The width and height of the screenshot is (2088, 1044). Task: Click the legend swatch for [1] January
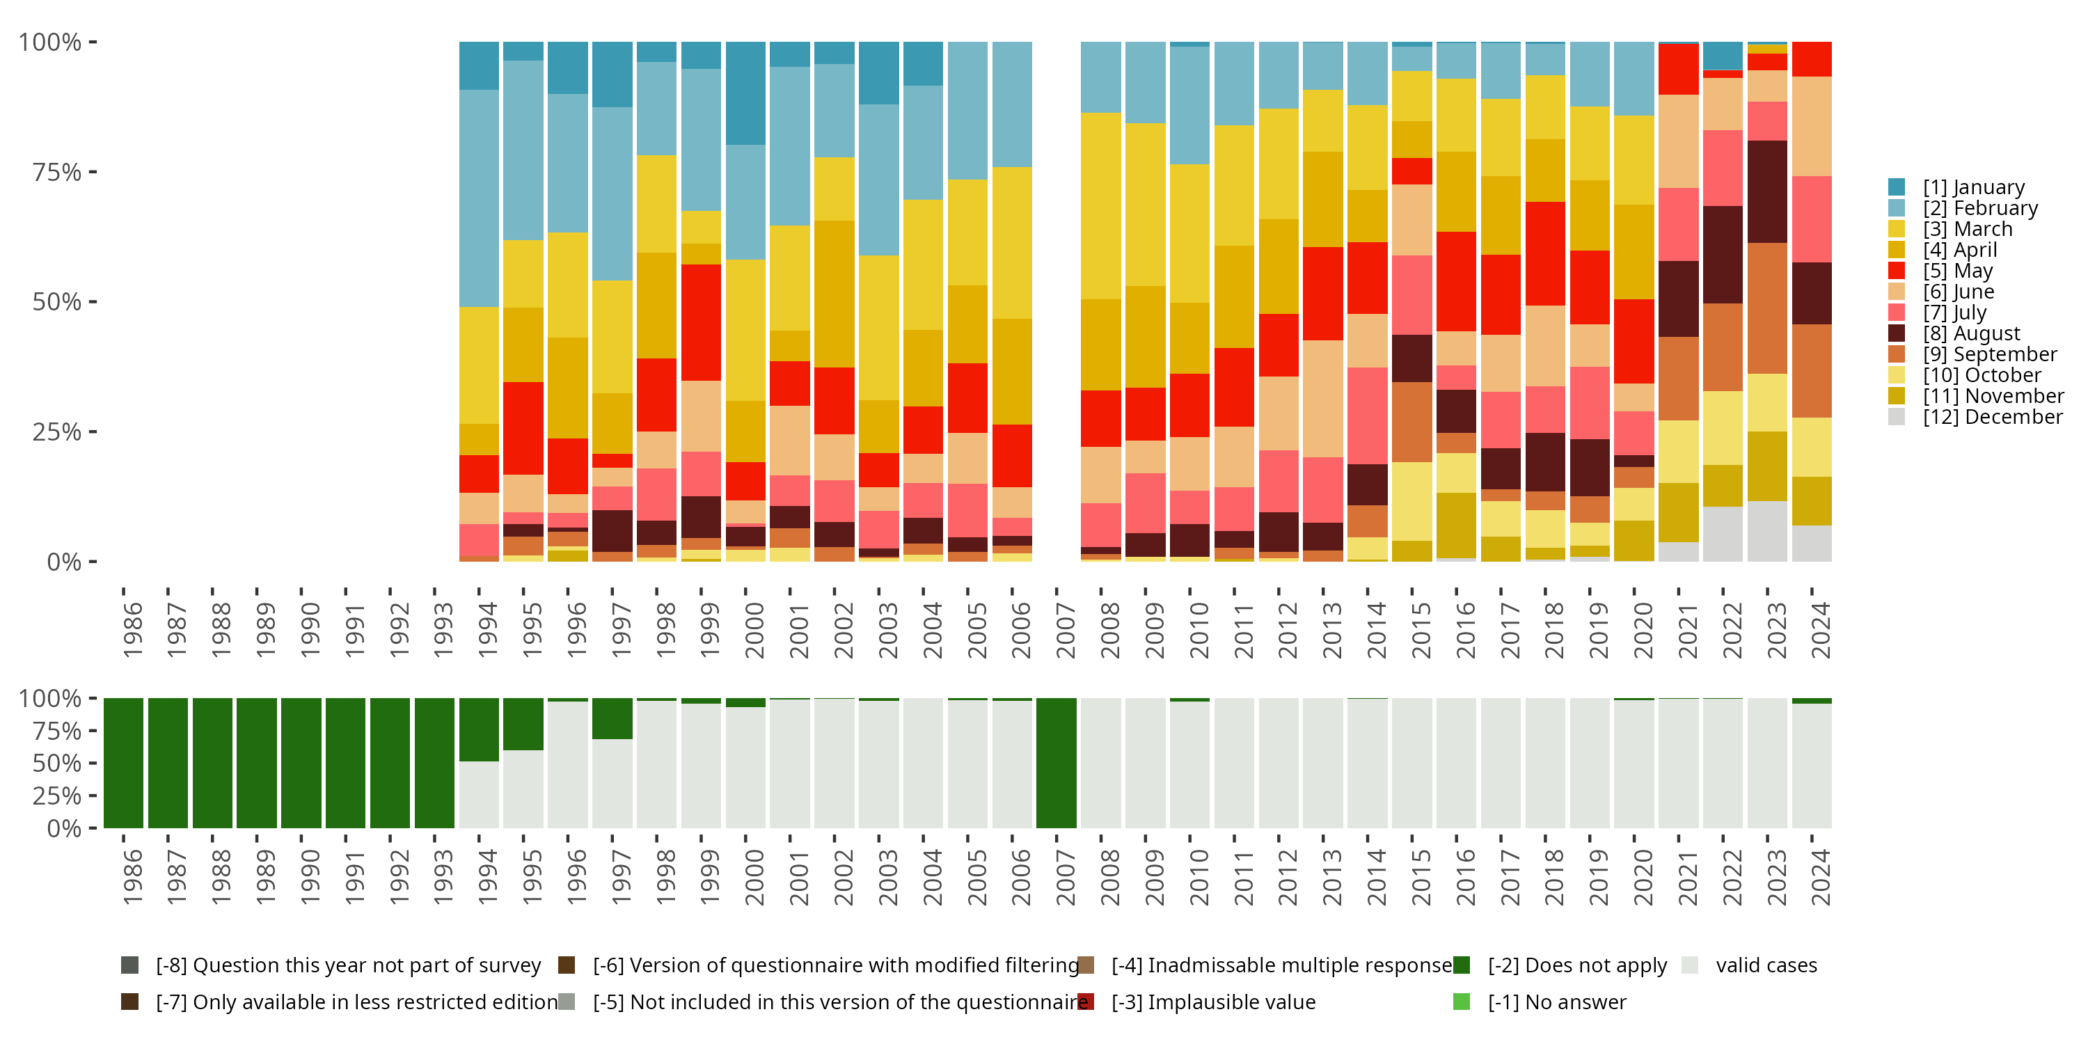click(1897, 187)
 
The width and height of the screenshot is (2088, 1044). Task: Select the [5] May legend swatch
click(1897, 271)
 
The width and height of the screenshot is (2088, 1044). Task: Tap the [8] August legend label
click(1971, 333)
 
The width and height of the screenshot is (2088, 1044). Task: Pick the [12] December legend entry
click(1993, 417)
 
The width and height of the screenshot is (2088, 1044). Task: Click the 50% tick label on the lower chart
click(57, 763)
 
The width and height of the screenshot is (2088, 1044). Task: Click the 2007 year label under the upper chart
click(1065, 631)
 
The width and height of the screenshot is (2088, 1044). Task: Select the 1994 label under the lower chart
click(487, 878)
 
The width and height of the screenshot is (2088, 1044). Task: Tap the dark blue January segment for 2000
click(745, 93)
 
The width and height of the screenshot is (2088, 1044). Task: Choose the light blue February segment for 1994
click(479, 198)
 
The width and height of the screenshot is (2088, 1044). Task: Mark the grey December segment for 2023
click(1767, 531)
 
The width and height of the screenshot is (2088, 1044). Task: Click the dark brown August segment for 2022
click(1723, 255)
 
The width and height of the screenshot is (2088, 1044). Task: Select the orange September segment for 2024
click(1812, 370)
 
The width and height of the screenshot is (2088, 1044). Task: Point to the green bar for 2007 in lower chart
click(1056, 763)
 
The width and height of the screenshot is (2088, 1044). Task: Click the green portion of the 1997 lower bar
click(612, 718)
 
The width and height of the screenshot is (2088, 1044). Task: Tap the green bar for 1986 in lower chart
click(123, 763)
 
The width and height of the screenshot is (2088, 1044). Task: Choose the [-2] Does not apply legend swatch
click(1462, 965)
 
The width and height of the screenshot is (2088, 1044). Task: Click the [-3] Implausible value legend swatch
click(1086, 1002)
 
